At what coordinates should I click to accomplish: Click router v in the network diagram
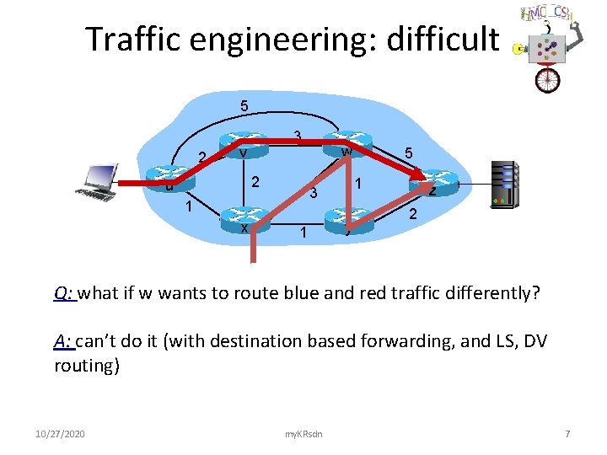[x=243, y=146]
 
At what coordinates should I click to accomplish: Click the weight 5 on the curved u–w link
[x=244, y=107]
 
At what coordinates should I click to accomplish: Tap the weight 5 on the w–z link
[x=408, y=154]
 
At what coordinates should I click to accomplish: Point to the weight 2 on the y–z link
[x=413, y=216]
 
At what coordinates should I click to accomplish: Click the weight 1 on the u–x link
[x=190, y=205]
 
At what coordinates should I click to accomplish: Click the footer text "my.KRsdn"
[x=304, y=434]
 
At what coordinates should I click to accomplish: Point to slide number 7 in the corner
[x=567, y=434]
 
